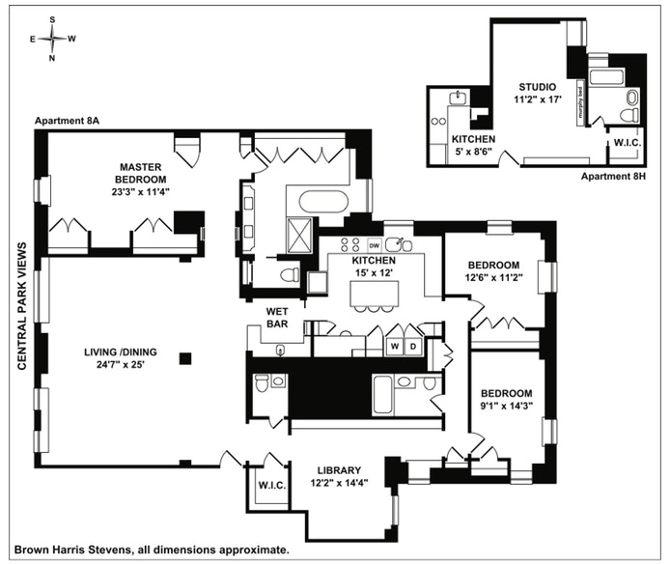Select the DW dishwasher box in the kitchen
375,245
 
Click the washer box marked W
394,345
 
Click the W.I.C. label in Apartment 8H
624,144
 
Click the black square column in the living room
186,359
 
